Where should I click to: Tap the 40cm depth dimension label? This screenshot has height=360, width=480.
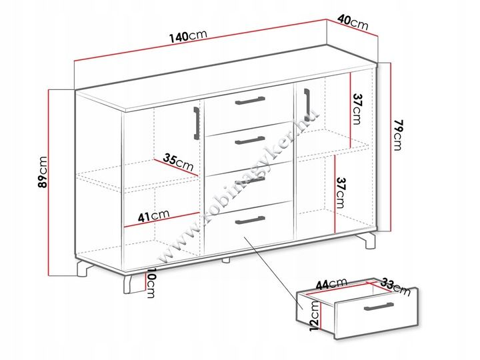(x=353, y=22)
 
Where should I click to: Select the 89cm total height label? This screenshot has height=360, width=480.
(x=42, y=172)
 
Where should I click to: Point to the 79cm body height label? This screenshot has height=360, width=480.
(x=397, y=135)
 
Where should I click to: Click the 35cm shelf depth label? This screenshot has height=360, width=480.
(x=178, y=162)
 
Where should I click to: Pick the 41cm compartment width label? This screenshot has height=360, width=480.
(x=153, y=215)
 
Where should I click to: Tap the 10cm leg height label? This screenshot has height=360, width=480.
(x=151, y=283)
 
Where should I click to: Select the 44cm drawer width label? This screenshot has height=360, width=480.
(x=331, y=283)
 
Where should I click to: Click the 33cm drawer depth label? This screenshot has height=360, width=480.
(x=395, y=287)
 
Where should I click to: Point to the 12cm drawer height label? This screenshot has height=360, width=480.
(x=315, y=315)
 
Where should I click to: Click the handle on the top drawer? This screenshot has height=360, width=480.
(x=250, y=101)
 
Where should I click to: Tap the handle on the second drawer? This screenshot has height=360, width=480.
(x=250, y=140)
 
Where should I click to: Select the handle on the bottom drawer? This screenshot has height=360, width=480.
(x=250, y=220)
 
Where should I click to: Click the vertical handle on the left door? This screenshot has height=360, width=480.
(x=197, y=123)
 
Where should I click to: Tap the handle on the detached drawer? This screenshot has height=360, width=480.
(x=379, y=307)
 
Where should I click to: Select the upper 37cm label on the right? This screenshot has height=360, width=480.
(x=357, y=109)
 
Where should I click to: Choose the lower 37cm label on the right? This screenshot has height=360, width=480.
(x=341, y=193)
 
